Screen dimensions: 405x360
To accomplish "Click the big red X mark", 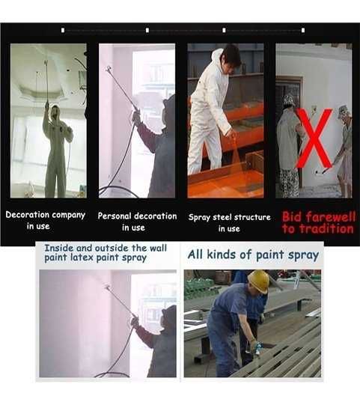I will (x=314, y=138).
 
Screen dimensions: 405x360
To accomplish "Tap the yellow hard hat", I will (x=258, y=281).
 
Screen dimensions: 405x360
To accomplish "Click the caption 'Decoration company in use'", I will (x=46, y=220).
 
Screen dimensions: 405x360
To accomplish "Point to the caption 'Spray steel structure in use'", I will (x=229, y=222).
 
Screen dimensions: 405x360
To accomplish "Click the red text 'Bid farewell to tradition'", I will (x=317, y=222).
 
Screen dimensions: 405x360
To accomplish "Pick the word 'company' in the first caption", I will (x=68, y=215).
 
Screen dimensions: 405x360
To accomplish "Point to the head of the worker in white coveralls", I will (x=231, y=56).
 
